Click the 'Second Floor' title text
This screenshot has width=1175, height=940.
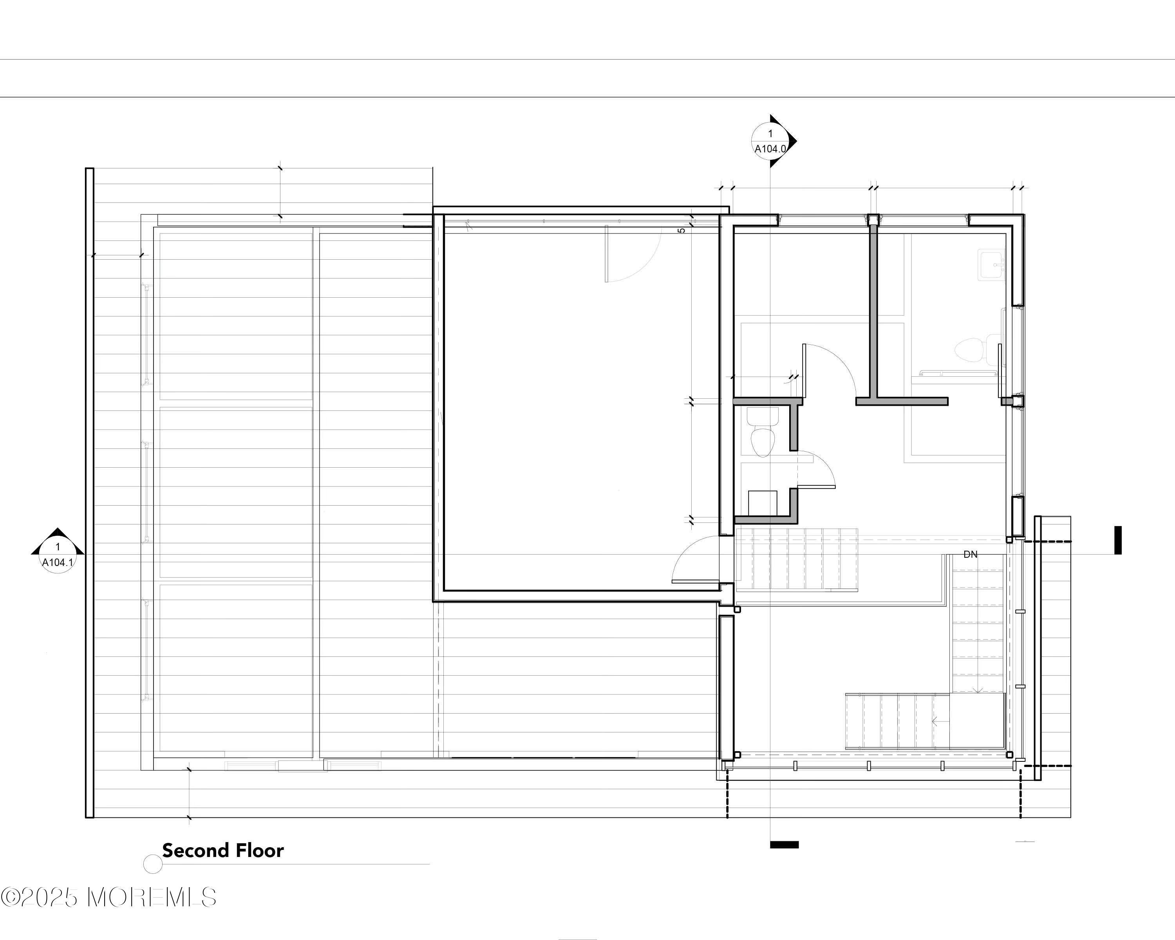coord(223,851)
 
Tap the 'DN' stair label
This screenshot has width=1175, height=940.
coord(970,555)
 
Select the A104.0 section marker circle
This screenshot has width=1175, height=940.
coord(770,141)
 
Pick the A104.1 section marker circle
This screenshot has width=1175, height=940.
coord(58,555)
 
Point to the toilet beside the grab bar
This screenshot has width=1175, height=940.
coord(971,350)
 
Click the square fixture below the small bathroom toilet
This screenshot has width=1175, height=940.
coord(763,503)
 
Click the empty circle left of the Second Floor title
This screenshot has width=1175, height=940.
coord(153,864)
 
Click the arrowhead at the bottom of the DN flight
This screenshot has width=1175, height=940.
coord(978,691)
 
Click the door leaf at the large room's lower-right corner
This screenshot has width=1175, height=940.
coord(696,581)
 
